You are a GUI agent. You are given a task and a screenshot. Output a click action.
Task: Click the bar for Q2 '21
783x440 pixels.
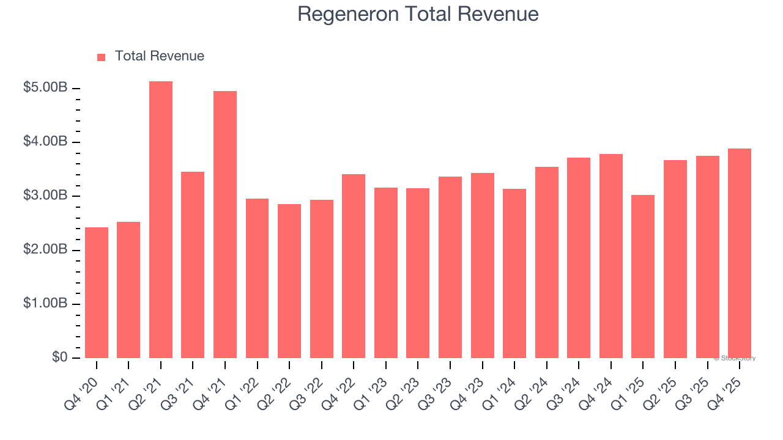click(161, 220)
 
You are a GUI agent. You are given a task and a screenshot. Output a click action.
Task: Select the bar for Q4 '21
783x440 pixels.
click(225, 225)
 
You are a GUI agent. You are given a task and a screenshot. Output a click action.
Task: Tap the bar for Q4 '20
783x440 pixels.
click(97, 293)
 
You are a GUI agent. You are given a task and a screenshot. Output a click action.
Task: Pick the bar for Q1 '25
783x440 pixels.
click(643, 276)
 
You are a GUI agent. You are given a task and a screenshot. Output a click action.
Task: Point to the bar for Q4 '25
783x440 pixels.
click(740, 253)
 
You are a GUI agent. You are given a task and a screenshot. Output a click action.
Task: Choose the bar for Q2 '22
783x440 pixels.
click(289, 281)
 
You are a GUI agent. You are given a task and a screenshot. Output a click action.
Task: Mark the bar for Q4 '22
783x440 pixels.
click(354, 266)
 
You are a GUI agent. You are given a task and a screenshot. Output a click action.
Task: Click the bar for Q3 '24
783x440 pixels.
click(579, 258)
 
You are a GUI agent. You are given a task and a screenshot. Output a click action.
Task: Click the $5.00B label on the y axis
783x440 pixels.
click(45, 88)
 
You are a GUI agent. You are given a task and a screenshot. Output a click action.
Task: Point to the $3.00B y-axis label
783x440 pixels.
click(45, 196)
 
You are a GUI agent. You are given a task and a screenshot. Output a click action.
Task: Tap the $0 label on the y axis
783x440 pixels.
click(59, 358)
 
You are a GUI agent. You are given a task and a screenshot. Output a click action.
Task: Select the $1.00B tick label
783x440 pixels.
click(45, 304)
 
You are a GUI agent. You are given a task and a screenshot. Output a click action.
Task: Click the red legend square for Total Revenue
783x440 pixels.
click(102, 57)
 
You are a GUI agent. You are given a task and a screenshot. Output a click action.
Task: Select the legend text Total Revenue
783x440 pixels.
click(159, 56)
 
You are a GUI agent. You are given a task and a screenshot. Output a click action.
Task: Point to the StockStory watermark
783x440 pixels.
click(735, 358)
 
